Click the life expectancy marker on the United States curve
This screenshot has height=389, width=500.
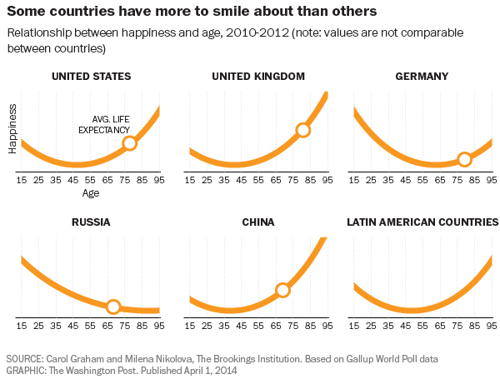[x=129, y=143]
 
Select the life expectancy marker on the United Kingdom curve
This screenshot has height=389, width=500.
[x=302, y=130]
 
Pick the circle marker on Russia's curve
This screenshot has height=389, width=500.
[x=113, y=306]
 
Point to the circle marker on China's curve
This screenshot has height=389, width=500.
[x=282, y=290]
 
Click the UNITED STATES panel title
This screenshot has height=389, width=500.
[x=91, y=77]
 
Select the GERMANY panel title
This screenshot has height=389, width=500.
[x=422, y=77]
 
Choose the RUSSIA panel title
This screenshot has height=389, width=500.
[x=91, y=222]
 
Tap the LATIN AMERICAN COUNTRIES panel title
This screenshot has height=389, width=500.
[x=422, y=222]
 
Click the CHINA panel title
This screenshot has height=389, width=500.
[x=257, y=222]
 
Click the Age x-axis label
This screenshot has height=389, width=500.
[x=90, y=193]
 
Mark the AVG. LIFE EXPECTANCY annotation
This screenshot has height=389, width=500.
[x=104, y=125]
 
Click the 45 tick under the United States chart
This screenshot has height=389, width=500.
[x=73, y=179]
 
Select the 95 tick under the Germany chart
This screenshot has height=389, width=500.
[x=492, y=179]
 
